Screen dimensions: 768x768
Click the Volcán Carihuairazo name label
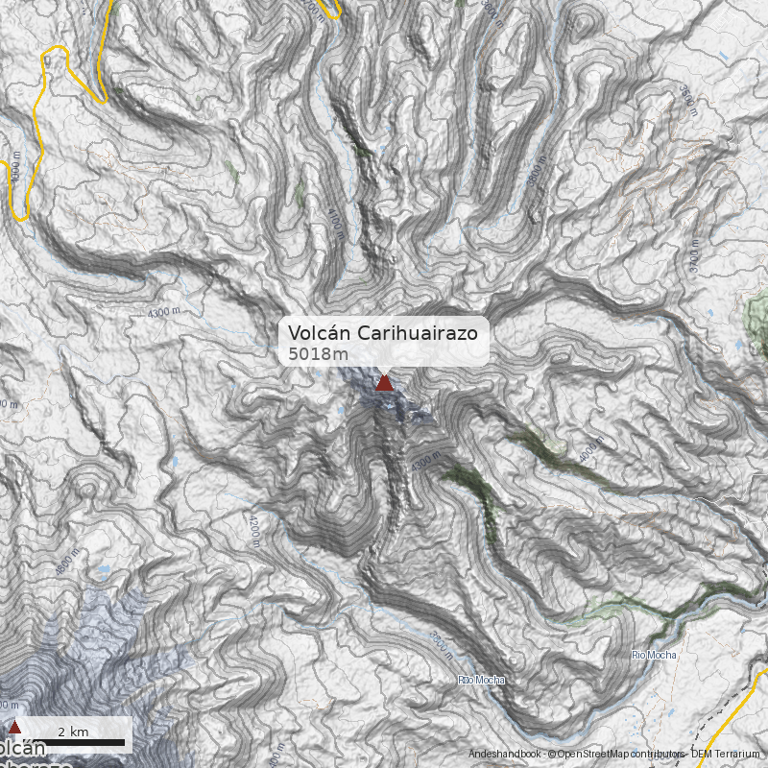coord(384,332)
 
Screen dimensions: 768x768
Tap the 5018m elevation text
coord(318,354)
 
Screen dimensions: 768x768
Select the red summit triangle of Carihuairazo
coord(384,383)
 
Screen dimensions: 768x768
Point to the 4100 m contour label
coord(334,221)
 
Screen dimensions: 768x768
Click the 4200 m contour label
coord(254,529)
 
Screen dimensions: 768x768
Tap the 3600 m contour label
coord(686,101)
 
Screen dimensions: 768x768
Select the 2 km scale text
coord(73,732)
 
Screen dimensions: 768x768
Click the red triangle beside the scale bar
coord(14,728)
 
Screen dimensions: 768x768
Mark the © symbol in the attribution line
coord(551,754)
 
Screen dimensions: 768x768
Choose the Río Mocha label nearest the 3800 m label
coord(480,681)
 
